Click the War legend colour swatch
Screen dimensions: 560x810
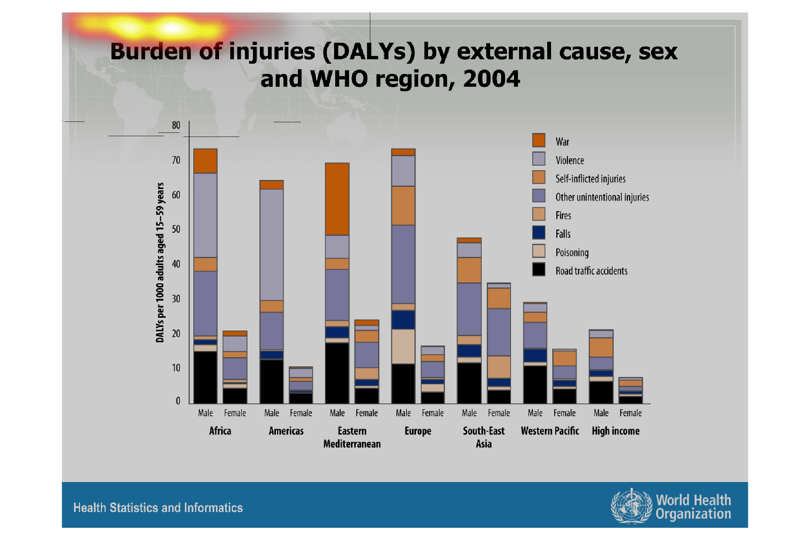click(x=538, y=140)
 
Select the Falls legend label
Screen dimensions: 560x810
click(x=563, y=234)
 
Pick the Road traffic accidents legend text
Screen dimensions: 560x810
click(x=591, y=271)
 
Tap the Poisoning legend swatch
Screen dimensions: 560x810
click(x=538, y=251)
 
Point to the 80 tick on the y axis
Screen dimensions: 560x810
click(x=176, y=125)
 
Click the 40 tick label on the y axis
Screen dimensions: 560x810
click(x=176, y=264)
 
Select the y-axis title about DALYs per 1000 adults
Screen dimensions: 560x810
click(x=160, y=262)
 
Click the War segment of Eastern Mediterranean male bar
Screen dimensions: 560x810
click(x=337, y=199)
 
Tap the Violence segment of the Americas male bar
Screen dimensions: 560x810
click(x=271, y=244)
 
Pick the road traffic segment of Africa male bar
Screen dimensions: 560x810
click(x=205, y=377)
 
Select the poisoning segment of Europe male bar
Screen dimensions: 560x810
click(x=403, y=346)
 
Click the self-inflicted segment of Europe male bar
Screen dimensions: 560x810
click(x=403, y=205)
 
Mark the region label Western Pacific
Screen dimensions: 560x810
click(x=550, y=431)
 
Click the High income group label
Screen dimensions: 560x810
click(x=616, y=431)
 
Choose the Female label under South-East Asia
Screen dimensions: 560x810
click(x=499, y=413)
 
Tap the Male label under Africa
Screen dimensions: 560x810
click(x=205, y=413)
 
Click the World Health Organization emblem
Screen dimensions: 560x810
click(x=631, y=506)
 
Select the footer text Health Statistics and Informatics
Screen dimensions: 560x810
click(x=158, y=508)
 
